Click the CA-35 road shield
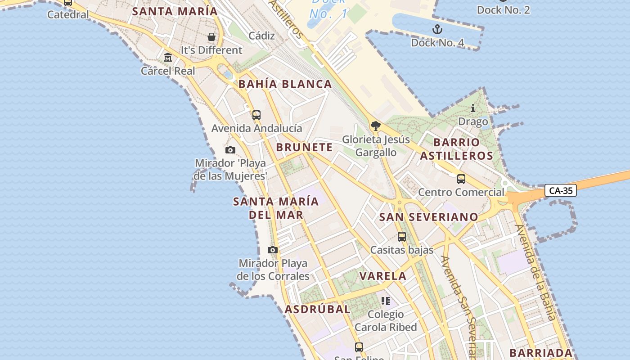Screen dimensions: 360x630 coord(561,190)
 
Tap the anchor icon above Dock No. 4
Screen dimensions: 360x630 coord(437,30)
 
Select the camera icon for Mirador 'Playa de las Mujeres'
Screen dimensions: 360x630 coord(230,150)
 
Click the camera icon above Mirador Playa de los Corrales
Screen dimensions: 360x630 coord(272,250)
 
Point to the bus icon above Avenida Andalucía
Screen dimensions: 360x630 coord(256,115)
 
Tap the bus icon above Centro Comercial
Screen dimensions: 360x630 coord(461,179)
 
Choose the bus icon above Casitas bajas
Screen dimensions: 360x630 coord(402,237)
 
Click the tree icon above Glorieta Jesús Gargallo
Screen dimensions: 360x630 coord(376,126)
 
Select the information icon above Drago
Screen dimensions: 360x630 coord(473,108)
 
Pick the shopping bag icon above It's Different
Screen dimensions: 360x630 coord(211,37)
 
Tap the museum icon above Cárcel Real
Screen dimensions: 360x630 coord(168,58)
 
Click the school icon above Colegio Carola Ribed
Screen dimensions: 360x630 coord(386,301)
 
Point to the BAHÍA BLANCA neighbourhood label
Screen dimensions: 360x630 coord(285,84)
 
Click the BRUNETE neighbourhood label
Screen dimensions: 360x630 coord(305,147)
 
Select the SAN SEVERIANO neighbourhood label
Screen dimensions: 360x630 coord(429,217)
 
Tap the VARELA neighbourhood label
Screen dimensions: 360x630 coord(383,276)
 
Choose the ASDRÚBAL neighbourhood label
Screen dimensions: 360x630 coord(318,309)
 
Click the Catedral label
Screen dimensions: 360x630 coord(68,14)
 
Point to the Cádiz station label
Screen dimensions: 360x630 coord(261,36)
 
